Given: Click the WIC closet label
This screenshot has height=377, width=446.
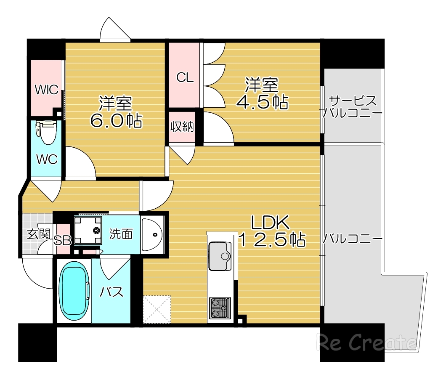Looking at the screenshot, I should [x=47, y=90].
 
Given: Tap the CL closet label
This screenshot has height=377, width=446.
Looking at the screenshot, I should [x=185, y=77].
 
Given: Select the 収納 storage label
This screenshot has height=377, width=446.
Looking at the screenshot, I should [x=182, y=127].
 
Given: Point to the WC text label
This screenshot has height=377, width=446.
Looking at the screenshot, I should [x=46, y=159].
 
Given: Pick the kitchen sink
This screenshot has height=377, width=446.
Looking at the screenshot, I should [x=219, y=256].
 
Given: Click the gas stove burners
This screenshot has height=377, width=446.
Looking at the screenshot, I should [x=220, y=308].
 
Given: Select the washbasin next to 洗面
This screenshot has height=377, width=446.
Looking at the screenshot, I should [x=152, y=235].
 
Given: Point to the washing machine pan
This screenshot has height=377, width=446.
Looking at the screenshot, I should [x=89, y=230].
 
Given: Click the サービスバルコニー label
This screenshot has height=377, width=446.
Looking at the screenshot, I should [x=353, y=107].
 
